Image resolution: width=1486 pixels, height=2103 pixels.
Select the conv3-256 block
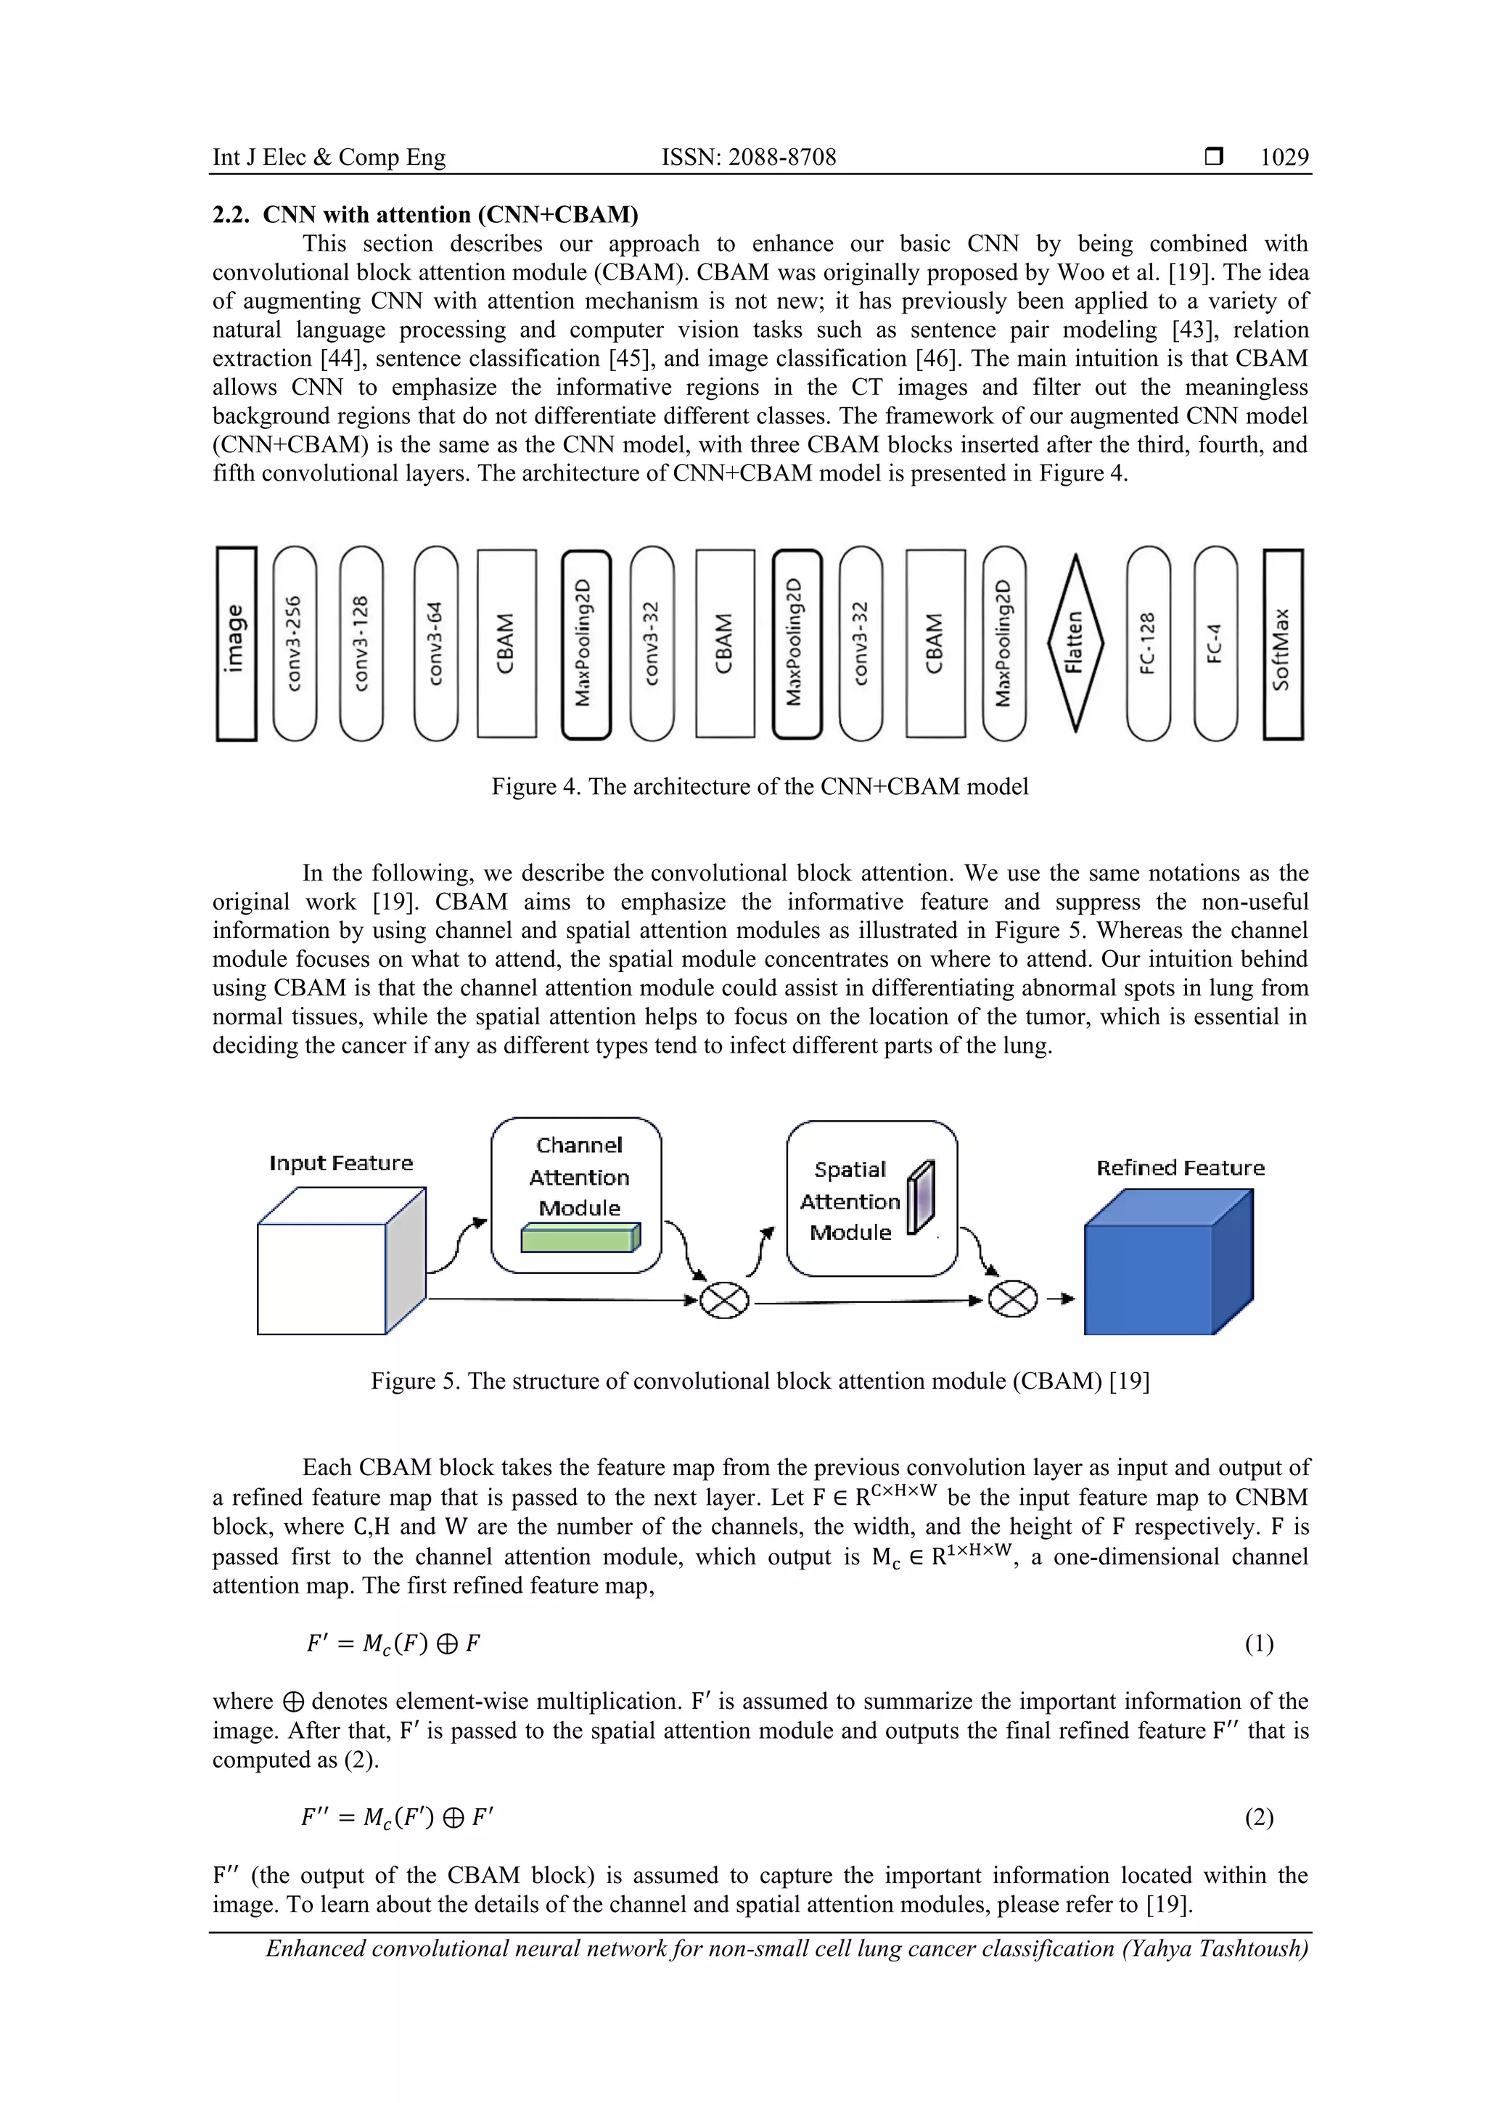tap(295, 643)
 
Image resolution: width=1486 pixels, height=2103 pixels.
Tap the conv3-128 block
tap(361, 643)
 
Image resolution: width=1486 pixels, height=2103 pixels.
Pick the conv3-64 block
tap(436, 643)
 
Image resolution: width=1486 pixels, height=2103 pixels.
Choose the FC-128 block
tap(1148, 643)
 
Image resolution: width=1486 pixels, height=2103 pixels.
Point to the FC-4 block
tap(1216, 643)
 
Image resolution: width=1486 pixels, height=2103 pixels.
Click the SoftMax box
tap(1283, 643)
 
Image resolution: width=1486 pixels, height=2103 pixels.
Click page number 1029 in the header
tap(1284, 158)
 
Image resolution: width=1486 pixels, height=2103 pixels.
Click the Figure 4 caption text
tap(760, 787)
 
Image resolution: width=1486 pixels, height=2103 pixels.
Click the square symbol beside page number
tap(1214, 158)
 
